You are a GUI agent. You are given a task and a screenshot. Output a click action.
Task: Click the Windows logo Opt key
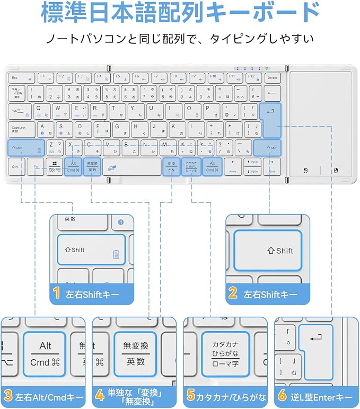click(54, 167)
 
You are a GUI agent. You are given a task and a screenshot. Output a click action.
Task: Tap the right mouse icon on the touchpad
click(336, 171)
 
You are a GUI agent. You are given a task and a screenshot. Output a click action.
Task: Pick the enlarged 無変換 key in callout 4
click(135, 354)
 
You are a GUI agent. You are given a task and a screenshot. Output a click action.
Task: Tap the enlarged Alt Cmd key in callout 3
click(45, 354)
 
